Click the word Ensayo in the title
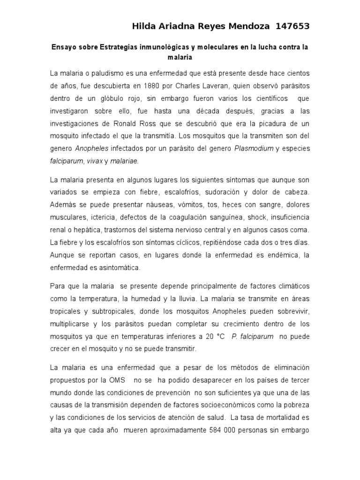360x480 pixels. [x=63, y=48]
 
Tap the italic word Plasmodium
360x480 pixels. [x=254, y=148]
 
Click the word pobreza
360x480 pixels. [x=294, y=405]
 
